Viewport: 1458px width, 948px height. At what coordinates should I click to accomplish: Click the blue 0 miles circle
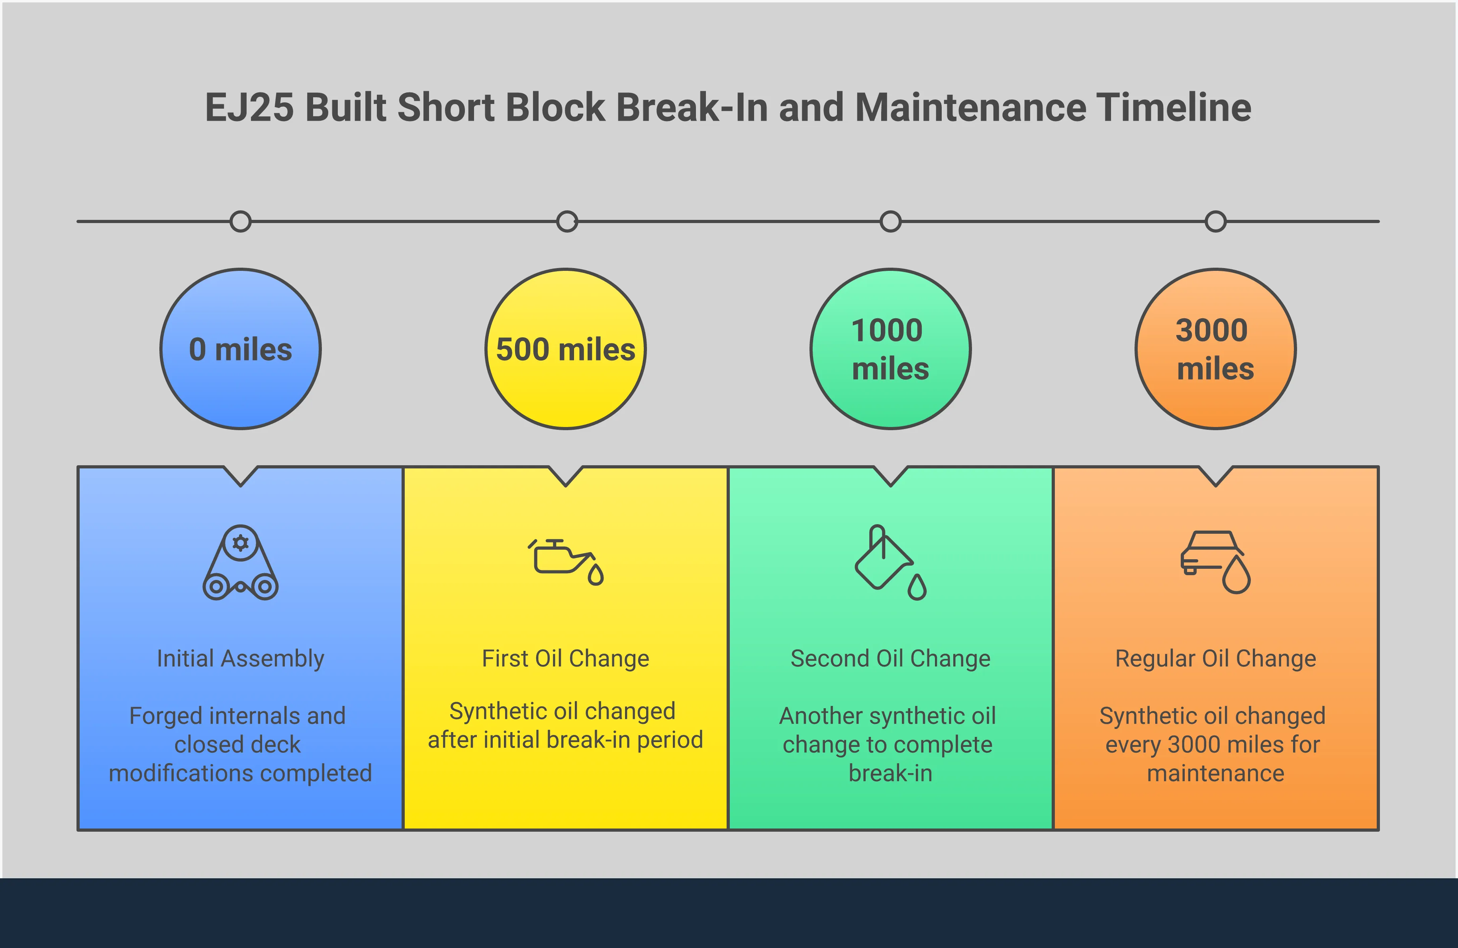[241, 349]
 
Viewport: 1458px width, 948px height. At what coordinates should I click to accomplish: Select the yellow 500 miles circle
[565, 349]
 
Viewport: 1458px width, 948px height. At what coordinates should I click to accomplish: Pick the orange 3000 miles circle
[1215, 349]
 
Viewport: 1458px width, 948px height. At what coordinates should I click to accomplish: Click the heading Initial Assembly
[241, 658]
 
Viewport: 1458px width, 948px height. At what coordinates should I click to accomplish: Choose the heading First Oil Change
[565, 658]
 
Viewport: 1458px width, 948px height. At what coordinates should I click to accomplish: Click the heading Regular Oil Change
[1215, 658]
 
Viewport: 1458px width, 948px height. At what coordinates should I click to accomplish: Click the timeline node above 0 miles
[241, 221]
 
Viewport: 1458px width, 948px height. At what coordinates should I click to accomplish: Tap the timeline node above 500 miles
[566, 221]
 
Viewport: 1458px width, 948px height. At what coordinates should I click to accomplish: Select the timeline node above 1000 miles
[890, 221]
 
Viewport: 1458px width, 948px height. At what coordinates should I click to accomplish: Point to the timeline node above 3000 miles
[1215, 221]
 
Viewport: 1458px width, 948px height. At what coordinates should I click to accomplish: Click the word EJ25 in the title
[249, 108]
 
